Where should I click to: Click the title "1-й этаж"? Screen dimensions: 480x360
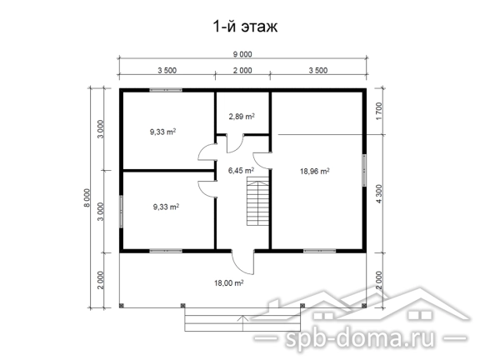(x=245, y=27)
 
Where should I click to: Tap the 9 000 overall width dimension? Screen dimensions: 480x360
(x=242, y=54)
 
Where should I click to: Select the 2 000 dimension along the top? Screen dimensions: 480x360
(x=242, y=70)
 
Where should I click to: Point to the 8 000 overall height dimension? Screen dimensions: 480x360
(x=87, y=197)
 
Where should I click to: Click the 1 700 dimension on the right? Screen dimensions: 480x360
(x=379, y=111)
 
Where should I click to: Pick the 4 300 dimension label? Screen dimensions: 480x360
(x=379, y=194)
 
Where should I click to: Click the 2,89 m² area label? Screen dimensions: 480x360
(x=242, y=117)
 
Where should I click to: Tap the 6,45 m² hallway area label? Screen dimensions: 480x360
(x=241, y=170)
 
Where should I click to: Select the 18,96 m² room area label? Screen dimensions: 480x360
(x=315, y=171)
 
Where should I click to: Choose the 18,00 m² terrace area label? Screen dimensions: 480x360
(x=228, y=282)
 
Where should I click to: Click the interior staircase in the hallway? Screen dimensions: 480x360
(x=257, y=202)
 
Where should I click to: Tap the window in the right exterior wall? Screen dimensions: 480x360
(x=364, y=170)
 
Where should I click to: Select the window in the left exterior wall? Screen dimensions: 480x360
(x=121, y=211)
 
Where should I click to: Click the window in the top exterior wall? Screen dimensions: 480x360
(x=166, y=90)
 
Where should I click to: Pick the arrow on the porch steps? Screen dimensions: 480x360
(x=243, y=323)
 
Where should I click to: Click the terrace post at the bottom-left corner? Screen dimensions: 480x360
(x=122, y=305)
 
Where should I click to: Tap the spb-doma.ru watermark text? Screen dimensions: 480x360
(x=360, y=338)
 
